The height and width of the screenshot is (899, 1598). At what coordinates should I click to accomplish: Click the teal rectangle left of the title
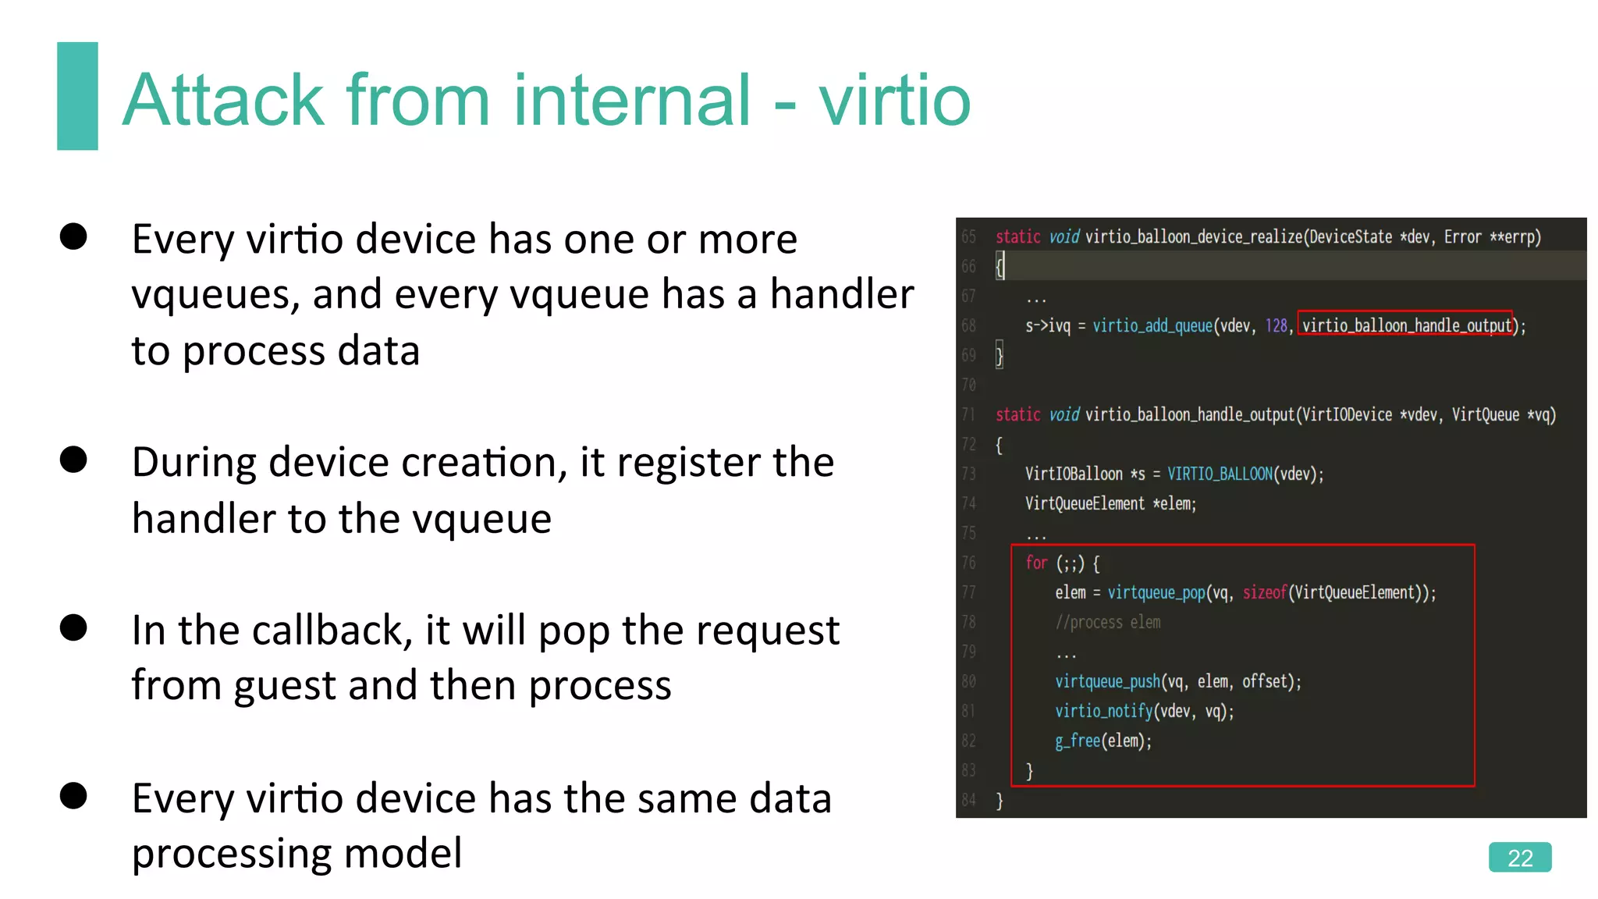point(77,95)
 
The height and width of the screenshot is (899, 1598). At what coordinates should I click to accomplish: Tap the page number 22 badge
point(1519,858)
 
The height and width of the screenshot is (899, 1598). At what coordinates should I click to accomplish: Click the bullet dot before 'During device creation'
point(73,460)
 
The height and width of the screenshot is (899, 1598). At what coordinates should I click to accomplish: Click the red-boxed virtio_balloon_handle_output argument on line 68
point(1406,325)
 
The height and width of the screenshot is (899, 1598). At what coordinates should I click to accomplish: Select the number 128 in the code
point(1276,325)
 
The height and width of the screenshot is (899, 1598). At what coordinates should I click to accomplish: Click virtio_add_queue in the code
point(1152,325)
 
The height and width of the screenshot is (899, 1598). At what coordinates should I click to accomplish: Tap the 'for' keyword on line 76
point(1036,563)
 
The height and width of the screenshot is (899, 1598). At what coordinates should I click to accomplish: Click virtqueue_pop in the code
point(1156,593)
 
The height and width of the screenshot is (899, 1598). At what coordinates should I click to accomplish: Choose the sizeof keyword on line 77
point(1264,593)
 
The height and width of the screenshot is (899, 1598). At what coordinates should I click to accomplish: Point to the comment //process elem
point(1107,623)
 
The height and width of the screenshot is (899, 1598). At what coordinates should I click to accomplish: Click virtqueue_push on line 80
point(1107,682)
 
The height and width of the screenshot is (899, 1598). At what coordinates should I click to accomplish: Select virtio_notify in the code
point(1103,711)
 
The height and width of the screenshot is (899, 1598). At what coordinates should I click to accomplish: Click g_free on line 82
point(1078,741)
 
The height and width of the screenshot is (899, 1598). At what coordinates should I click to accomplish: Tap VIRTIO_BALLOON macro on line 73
point(1220,474)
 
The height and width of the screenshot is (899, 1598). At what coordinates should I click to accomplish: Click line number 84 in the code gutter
point(968,800)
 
